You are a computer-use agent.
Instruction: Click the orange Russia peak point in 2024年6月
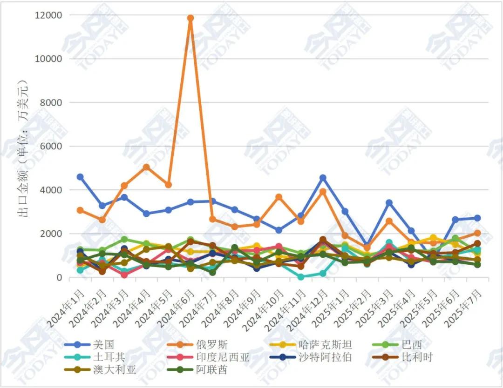coord(190,18)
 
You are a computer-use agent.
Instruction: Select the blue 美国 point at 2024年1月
coord(80,177)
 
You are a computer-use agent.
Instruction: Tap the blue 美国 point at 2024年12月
coord(323,178)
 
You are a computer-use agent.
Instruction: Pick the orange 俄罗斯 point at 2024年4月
coord(146,167)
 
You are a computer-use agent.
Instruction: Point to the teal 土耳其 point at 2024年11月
coord(301,277)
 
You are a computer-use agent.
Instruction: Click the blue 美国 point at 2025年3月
coord(389,203)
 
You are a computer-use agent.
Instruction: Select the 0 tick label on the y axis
coord(59,278)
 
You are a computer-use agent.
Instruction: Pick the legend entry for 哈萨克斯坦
coord(325,345)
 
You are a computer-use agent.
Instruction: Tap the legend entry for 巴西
coord(412,345)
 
